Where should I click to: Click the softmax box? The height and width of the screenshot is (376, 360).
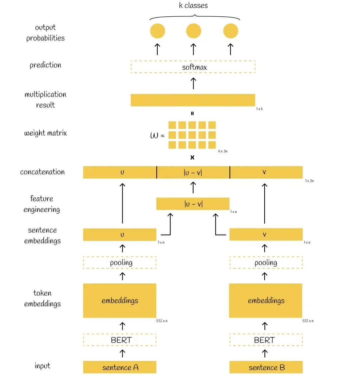(193, 67)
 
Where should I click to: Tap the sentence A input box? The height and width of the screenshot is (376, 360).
(119, 367)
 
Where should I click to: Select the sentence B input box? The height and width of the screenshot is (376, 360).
(266, 367)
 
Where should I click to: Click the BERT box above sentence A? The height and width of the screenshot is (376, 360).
(119, 340)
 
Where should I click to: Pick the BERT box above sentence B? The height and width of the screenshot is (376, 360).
(266, 340)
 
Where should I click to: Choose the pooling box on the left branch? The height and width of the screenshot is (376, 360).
(119, 263)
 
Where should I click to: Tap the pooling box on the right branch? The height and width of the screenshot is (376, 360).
(266, 263)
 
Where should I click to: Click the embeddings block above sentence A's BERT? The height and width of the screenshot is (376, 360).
(119, 300)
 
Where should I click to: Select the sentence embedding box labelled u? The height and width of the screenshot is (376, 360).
(119, 235)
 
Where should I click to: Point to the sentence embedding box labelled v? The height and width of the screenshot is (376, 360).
(266, 235)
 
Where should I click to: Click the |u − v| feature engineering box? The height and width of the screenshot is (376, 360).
(193, 204)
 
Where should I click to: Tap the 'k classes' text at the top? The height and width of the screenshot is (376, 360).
(193, 5)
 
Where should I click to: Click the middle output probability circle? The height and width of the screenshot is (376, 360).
(194, 31)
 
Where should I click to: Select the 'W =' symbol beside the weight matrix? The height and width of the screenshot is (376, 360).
(157, 136)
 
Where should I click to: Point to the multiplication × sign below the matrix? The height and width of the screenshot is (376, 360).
(192, 157)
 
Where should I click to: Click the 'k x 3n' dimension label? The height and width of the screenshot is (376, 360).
(223, 151)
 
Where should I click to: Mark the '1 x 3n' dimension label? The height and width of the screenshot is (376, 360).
(309, 181)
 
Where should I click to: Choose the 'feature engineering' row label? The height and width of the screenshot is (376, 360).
(42, 204)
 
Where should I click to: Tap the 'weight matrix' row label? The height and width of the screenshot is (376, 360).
(46, 133)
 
